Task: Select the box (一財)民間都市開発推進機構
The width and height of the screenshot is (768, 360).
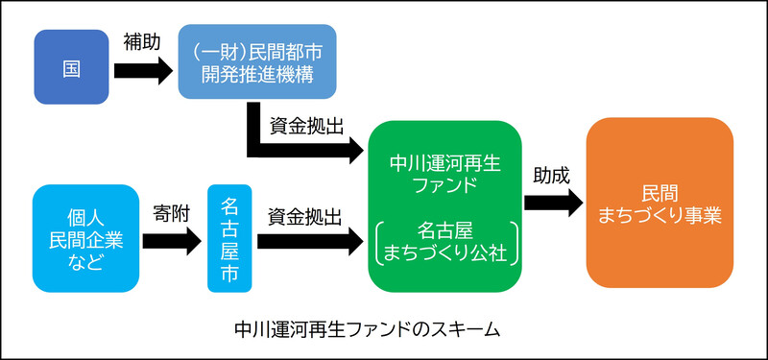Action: [257, 62]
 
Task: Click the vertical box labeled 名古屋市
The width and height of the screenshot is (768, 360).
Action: [230, 238]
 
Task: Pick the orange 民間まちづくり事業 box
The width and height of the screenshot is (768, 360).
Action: [660, 204]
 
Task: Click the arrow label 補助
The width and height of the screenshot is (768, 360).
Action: [142, 41]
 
